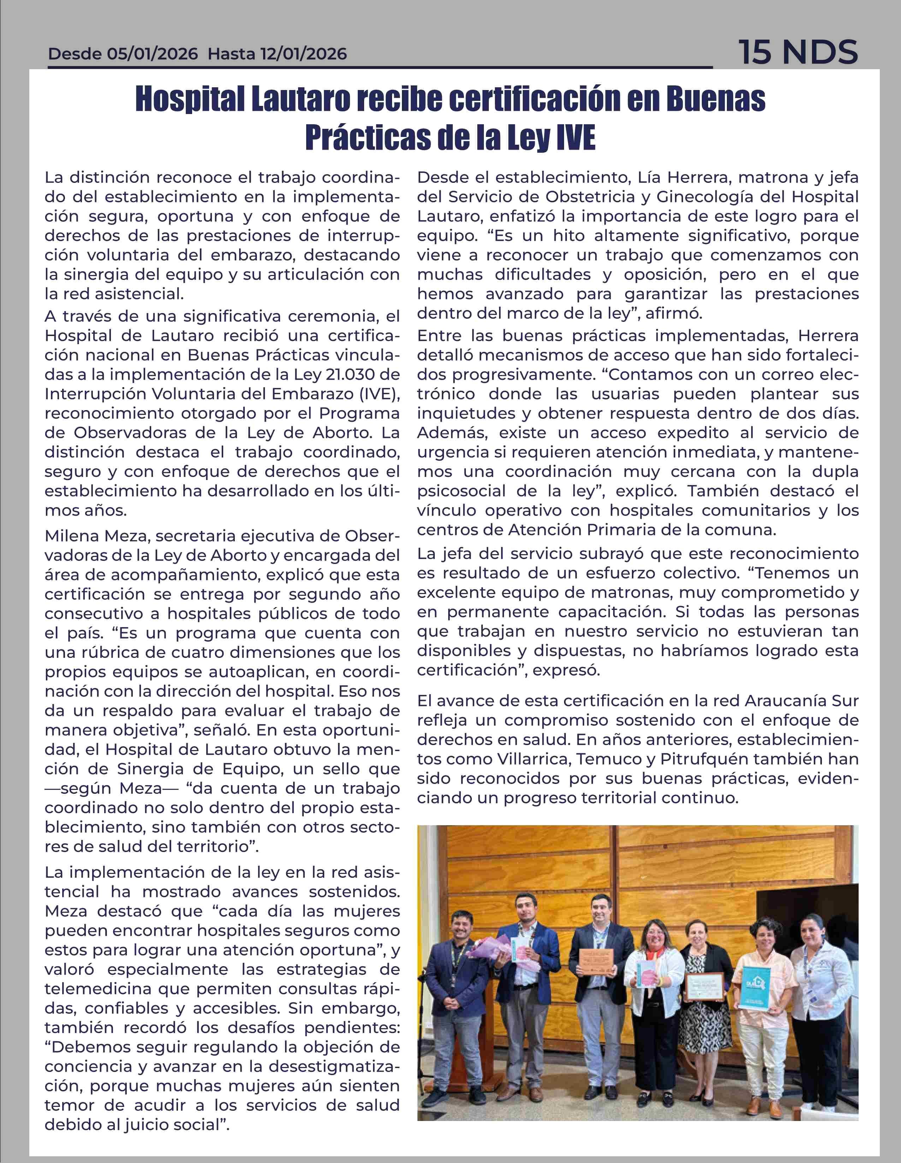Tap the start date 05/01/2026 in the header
(152, 54)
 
